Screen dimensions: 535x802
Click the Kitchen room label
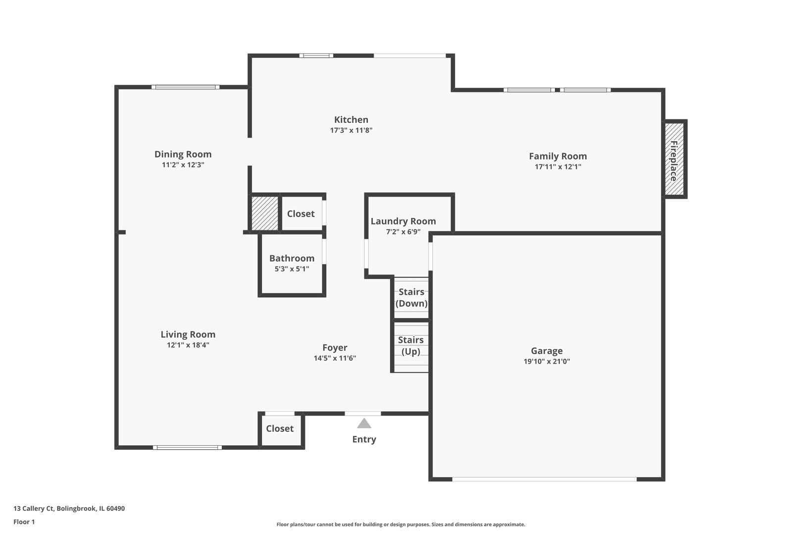(351, 120)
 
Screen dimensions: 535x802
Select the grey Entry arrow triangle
(364, 423)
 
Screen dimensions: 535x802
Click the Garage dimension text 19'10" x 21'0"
(547, 362)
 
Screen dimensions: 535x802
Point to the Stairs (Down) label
(411, 298)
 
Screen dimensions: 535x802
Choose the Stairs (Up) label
(411, 346)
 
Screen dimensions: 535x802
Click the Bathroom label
(292, 259)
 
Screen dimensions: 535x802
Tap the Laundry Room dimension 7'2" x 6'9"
(403, 232)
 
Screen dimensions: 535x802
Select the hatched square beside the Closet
(265, 214)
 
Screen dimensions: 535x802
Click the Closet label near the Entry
(280, 429)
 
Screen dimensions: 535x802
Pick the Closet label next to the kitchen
(301, 214)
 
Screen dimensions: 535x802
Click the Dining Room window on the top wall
(185, 87)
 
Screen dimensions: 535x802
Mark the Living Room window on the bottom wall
(187, 447)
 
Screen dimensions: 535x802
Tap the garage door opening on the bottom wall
(544, 479)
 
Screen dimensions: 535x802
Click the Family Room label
(557, 157)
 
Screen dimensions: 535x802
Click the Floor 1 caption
(24, 522)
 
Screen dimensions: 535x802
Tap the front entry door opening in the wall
(363, 413)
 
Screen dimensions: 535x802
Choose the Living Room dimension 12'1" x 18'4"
(188, 345)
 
